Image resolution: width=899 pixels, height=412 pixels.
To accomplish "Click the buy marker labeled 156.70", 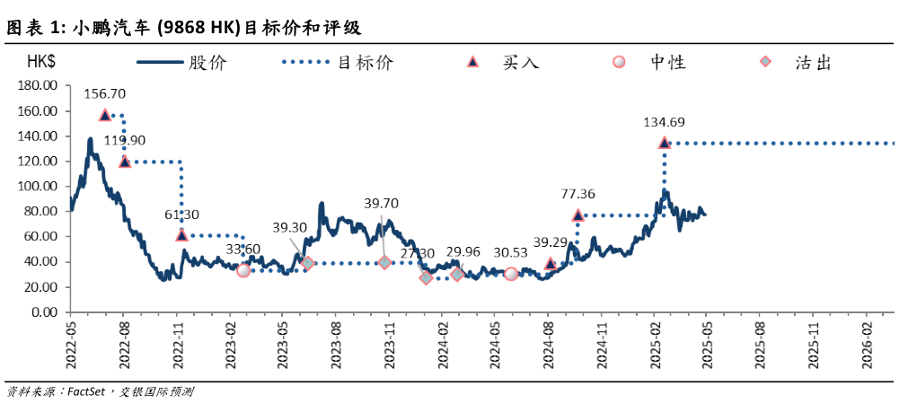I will tap(105, 115).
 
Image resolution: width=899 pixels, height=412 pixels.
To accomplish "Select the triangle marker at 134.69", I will tap(664, 143).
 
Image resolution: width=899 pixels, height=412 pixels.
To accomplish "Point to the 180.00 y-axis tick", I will tap(39, 86).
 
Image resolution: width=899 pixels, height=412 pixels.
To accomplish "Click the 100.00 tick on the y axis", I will tap(39, 187).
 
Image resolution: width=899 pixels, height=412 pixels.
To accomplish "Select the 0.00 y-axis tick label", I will tap(46, 312).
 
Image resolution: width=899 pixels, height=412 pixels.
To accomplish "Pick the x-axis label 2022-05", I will tap(71, 342).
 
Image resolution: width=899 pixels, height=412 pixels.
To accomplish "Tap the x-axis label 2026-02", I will tap(868, 342).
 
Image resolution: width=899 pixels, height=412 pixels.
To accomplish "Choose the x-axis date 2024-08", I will tap(550, 342).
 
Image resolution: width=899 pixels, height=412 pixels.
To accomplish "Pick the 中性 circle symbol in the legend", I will tap(618, 63).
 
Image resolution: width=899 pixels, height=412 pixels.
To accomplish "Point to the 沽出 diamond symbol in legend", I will tap(764, 63).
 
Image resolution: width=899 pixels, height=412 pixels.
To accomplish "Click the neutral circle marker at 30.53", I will tap(511, 274).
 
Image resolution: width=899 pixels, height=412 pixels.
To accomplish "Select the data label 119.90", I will tap(125, 140).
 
